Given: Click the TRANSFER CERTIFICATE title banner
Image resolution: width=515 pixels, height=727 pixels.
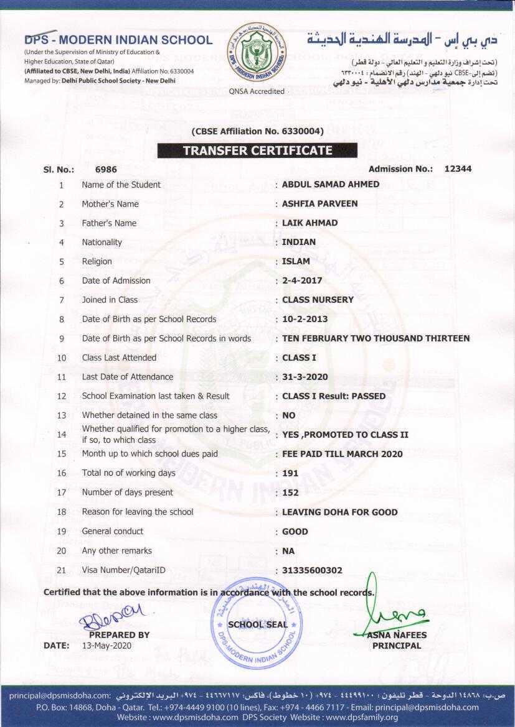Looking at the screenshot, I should [x=257, y=150].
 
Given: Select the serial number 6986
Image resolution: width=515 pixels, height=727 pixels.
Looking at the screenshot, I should [x=106, y=169].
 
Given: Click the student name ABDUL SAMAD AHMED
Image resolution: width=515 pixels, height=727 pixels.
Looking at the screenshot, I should [x=330, y=185].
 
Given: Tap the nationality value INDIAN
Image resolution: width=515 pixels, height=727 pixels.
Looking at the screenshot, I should [x=299, y=243].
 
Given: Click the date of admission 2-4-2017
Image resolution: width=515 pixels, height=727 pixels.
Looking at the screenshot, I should [x=303, y=281].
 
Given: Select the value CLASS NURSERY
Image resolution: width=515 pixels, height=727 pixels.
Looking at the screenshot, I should [x=318, y=300].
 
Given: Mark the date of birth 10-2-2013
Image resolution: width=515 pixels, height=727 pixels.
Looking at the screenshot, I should [x=305, y=319].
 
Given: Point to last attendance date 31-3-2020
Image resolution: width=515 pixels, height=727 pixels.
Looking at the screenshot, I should [x=305, y=377].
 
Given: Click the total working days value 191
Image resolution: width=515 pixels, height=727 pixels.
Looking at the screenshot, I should [x=290, y=473].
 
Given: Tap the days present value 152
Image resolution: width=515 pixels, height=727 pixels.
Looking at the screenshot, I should [x=290, y=493].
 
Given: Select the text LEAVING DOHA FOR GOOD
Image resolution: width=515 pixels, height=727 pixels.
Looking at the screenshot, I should [x=339, y=512].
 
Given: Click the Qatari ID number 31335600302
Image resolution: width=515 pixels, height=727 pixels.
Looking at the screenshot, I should [x=312, y=570].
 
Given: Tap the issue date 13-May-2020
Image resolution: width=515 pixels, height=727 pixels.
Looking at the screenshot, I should [x=107, y=646].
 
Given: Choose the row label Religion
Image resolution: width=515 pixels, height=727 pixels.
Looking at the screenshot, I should [x=97, y=262].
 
